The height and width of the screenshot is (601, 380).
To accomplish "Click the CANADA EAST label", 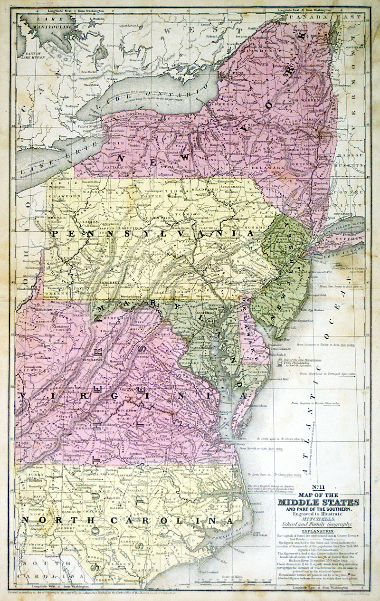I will point(340,18).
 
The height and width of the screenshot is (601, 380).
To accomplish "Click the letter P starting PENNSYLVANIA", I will point(55,234).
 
